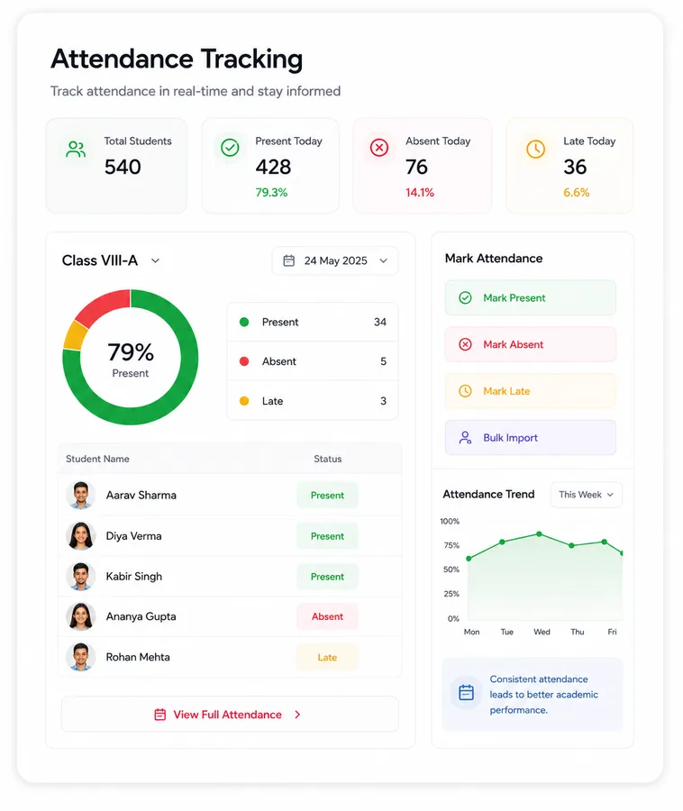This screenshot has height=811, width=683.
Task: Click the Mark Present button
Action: [x=530, y=298]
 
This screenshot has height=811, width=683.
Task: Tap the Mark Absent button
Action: [x=530, y=344]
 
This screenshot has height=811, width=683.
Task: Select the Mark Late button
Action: [x=530, y=391]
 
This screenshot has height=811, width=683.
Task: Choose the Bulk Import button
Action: [x=530, y=438]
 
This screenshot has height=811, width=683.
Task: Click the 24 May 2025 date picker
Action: [x=335, y=260]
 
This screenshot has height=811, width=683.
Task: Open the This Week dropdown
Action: [x=587, y=495]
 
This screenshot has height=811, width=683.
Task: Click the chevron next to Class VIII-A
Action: [x=155, y=260]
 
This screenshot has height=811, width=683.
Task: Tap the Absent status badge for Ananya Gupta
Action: [x=327, y=616]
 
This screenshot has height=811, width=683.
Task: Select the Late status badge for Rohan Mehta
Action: [x=327, y=658]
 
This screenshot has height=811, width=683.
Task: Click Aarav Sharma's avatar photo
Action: [x=81, y=496]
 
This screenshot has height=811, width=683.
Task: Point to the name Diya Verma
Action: [x=134, y=536]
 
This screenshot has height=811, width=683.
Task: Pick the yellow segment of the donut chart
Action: [x=75, y=335]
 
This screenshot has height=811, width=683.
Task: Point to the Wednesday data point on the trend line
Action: [x=539, y=533]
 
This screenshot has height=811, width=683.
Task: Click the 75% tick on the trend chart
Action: [x=451, y=545]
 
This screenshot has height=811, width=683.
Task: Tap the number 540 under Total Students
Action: [x=123, y=167]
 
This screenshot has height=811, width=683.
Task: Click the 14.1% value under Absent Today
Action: [x=420, y=193]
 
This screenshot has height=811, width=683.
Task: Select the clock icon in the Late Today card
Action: [x=535, y=149]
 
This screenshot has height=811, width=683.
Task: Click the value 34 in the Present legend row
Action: [x=380, y=322]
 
